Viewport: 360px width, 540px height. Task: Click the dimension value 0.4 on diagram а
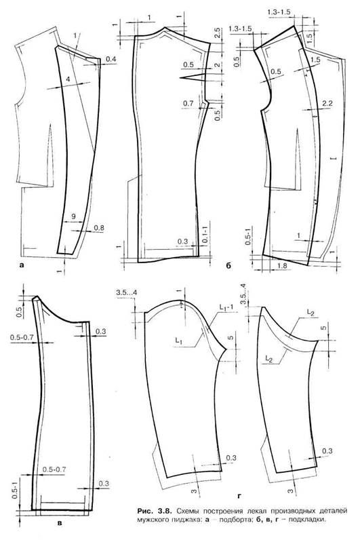111,60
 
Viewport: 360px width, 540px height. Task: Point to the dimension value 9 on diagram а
73,216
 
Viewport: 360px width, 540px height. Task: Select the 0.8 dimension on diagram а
99,228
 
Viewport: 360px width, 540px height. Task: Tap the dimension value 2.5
216,34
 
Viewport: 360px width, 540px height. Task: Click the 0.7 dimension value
188,103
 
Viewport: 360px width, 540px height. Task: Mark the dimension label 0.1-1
205,233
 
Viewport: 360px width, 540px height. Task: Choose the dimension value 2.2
327,103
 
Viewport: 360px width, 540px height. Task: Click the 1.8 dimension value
282,266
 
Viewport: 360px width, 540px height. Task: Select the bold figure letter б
229,265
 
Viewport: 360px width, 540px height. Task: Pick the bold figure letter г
239,497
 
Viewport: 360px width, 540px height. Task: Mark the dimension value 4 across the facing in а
68,79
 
